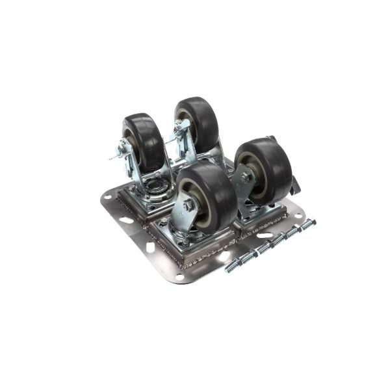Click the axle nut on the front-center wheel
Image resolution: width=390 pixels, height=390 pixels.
(189, 205)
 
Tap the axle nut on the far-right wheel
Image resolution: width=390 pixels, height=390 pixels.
(246, 176)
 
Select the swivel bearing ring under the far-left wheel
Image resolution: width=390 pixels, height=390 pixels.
(154, 188)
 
